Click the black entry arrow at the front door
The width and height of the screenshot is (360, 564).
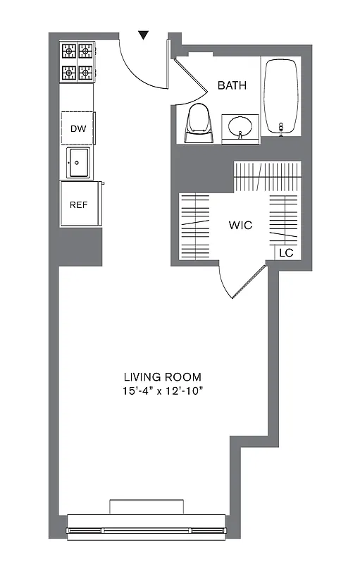[x=144, y=35]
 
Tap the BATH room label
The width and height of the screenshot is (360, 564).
[x=232, y=85]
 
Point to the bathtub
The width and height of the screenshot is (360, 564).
[x=281, y=97]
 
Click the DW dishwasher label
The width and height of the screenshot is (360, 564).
[x=77, y=128]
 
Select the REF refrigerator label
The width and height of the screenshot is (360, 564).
[x=77, y=204]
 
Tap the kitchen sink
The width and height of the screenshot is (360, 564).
[x=77, y=164]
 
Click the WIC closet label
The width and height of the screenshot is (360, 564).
[x=240, y=226]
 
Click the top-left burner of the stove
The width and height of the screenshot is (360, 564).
[x=69, y=50]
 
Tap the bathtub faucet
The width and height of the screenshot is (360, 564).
[x=281, y=127]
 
